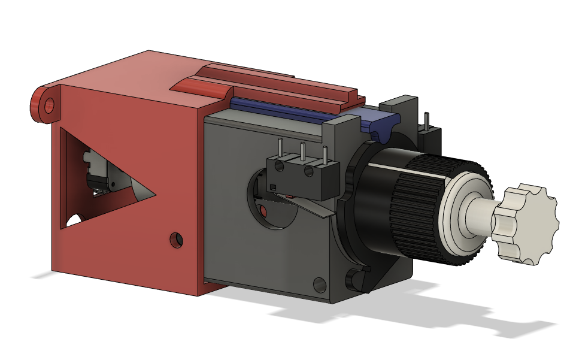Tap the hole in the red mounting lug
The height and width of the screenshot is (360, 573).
[49, 105]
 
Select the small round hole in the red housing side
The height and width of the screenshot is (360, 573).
[176, 240]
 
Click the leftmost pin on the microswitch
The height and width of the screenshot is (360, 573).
[281, 149]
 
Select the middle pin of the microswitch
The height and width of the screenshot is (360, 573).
[303, 152]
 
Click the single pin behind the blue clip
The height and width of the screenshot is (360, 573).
[426, 120]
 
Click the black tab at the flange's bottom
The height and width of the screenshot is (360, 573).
[357, 279]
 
